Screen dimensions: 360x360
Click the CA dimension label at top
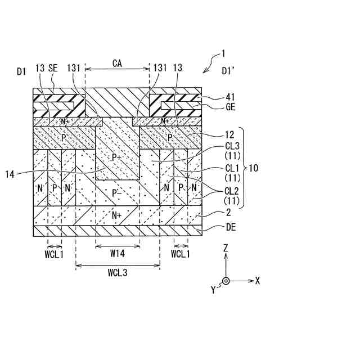click(118, 64)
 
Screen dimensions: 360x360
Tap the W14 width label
click(117, 254)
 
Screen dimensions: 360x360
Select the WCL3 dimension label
click(117, 273)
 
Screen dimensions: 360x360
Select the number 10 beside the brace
click(254, 168)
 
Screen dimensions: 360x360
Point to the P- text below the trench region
click(117, 193)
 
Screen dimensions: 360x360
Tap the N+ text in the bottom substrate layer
click(117, 214)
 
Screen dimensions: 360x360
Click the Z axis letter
click(226, 248)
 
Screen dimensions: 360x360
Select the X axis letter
click(257, 280)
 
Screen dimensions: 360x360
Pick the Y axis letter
click(214, 290)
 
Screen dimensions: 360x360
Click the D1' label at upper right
click(229, 71)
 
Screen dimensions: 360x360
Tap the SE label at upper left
click(53, 68)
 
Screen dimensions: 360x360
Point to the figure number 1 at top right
click(223, 55)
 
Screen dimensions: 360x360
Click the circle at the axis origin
click(226, 280)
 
